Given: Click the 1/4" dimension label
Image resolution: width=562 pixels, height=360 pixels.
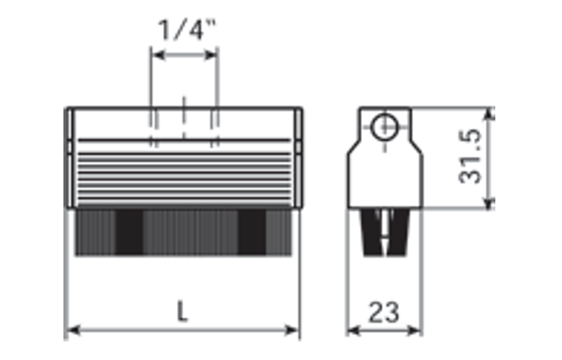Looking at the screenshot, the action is click(187, 30).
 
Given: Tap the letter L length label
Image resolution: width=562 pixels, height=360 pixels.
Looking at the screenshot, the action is click(182, 311).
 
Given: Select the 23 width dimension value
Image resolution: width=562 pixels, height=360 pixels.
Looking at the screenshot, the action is click(384, 313).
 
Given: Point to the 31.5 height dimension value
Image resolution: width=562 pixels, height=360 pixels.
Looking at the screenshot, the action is click(470, 157).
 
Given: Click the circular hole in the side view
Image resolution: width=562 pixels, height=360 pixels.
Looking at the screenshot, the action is click(385, 127).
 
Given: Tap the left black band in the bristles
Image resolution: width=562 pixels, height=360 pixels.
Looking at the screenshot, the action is click(129, 232).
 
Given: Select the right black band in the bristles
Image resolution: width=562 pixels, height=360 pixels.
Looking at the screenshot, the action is click(252, 232).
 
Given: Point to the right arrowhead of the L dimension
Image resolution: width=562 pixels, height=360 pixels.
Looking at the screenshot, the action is click(291, 330).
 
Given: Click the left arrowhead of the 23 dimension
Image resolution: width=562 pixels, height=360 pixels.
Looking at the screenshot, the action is click(353, 330).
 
